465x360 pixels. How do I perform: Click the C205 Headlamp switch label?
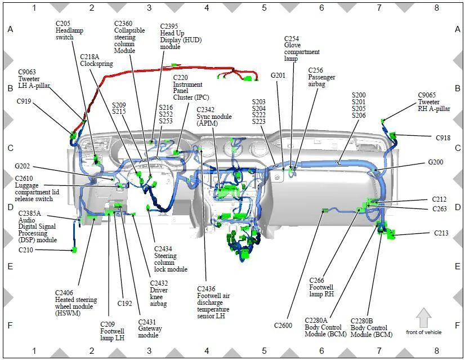pyautogui.click(x=69, y=30)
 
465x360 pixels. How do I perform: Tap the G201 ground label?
pyautogui.click(x=278, y=75)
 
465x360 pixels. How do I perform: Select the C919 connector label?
pyautogui.click(x=24, y=101)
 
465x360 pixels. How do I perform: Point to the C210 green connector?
pyautogui.click(x=74, y=250)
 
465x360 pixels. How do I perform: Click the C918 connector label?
pyautogui.click(x=443, y=137)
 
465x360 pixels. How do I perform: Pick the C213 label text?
pyautogui.click(x=441, y=233)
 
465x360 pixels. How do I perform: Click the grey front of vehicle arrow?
pyautogui.click(x=424, y=318)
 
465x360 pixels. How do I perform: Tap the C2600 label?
pyautogui.click(x=283, y=326)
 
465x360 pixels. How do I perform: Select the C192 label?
pyautogui.click(x=124, y=303)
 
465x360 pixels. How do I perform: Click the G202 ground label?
pyautogui.click(x=23, y=166)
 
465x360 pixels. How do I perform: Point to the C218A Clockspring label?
pyautogui.click(x=96, y=60)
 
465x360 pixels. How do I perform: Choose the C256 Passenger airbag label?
pyautogui.click(x=321, y=77)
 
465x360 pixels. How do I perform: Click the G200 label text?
pyautogui.click(x=436, y=162)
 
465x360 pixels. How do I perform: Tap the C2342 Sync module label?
pyautogui.click(x=214, y=117)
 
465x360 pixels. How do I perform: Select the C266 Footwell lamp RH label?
pyautogui.click(x=321, y=287)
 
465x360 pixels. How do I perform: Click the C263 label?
pyautogui.click(x=440, y=208)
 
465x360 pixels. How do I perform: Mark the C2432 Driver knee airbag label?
pyautogui.click(x=159, y=294)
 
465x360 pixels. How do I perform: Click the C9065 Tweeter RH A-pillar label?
pyautogui.click(x=434, y=102)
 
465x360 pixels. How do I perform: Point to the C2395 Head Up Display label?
pyautogui.click(x=181, y=37)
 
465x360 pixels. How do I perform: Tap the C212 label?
pyautogui.click(x=439, y=199)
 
